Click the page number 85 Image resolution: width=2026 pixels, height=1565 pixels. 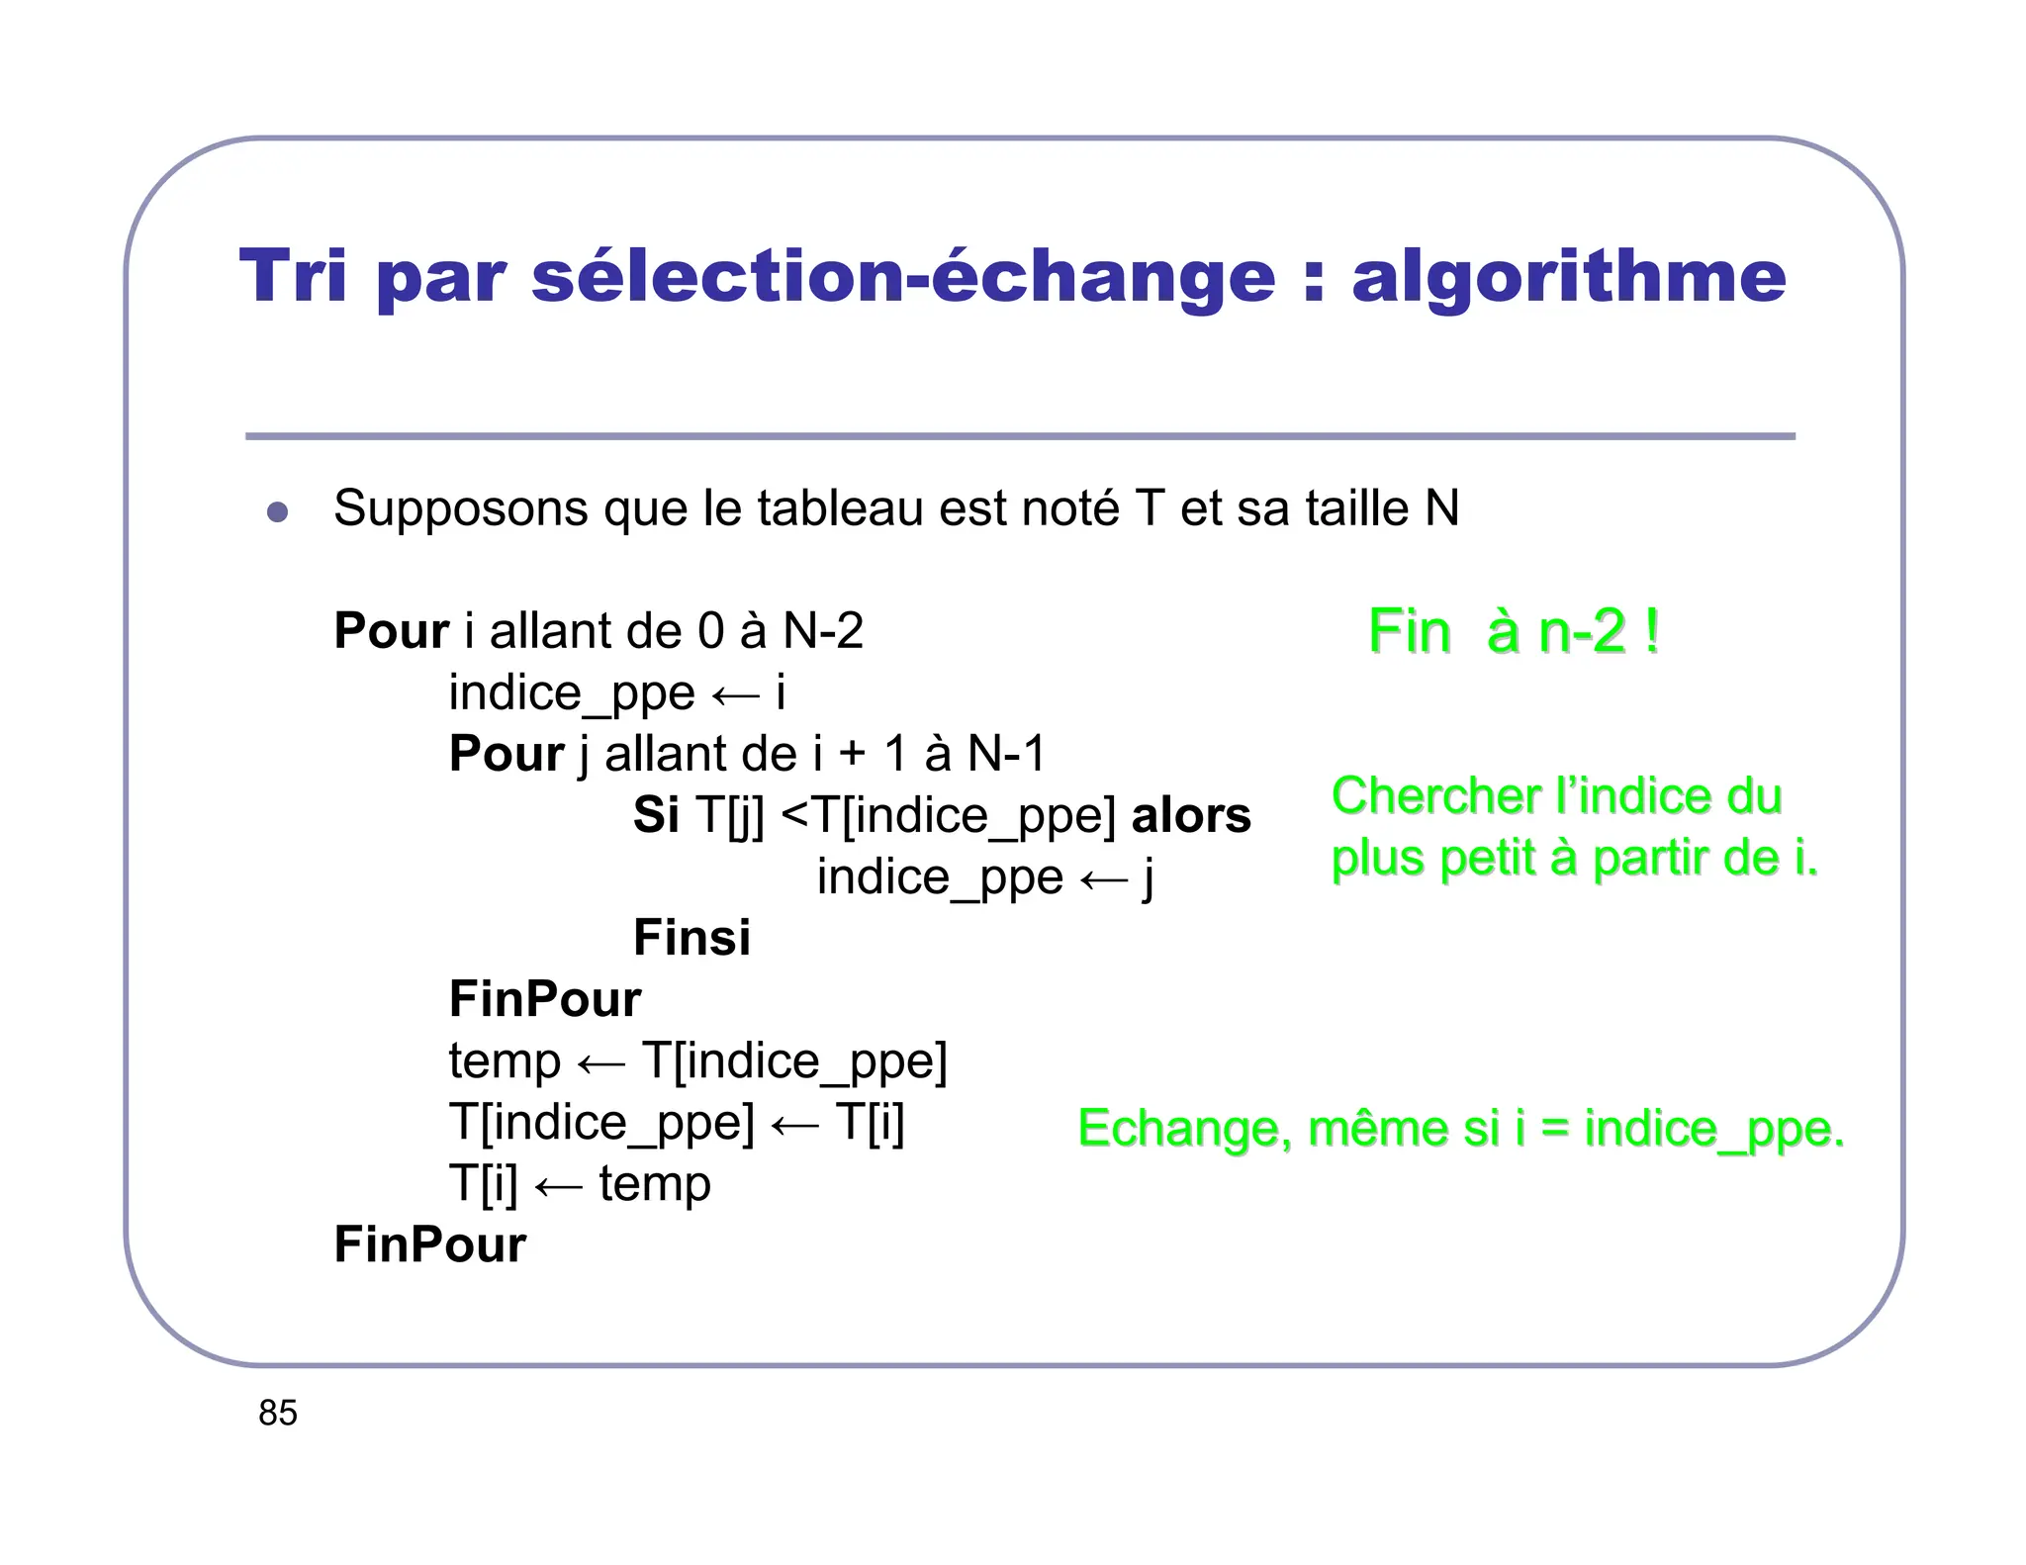(x=278, y=1413)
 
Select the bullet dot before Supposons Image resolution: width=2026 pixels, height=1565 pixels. (x=277, y=511)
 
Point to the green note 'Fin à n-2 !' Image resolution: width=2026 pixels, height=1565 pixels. (x=1513, y=631)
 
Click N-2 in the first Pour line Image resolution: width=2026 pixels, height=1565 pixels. (x=823, y=631)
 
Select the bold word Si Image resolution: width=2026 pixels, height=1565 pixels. (x=656, y=815)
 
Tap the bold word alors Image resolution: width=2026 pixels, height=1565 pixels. (x=1190, y=815)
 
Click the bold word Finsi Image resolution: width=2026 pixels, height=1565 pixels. (x=691, y=938)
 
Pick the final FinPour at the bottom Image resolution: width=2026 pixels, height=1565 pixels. (x=429, y=1244)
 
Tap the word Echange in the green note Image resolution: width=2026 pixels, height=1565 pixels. (x=1184, y=1129)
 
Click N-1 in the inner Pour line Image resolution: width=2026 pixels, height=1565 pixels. (x=1005, y=754)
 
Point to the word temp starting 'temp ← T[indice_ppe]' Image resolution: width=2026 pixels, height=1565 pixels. (x=505, y=1062)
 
